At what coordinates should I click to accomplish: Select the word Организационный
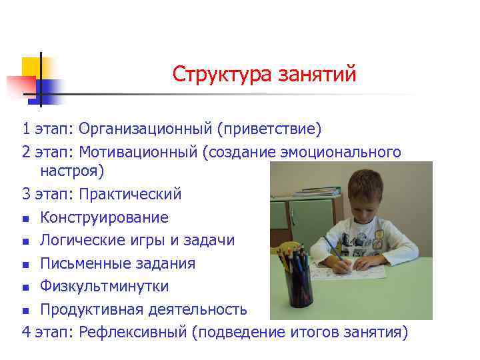[x=150, y=128]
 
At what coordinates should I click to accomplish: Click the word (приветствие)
[x=274, y=128]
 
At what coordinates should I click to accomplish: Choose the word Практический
[x=130, y=194]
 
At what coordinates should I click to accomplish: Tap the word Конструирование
[x=104, y=217]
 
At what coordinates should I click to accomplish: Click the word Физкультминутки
[x=104, y=286]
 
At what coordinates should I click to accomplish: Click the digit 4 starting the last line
[x=26, y=332]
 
